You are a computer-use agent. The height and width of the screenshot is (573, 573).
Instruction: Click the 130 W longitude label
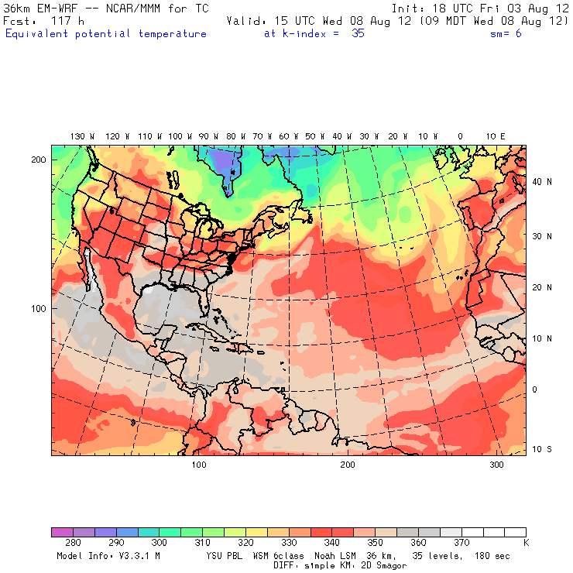(78, 136)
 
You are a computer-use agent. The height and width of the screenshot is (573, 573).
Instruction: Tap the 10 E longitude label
(496, 136)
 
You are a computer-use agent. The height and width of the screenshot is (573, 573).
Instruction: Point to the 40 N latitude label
(544, 182)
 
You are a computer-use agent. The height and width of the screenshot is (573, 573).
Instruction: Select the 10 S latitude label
(544, 450)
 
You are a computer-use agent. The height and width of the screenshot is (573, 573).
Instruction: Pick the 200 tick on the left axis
(39, 160)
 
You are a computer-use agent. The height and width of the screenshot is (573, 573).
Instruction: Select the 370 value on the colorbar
(462, 544)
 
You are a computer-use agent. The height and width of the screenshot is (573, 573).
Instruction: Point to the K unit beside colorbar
(526, 544)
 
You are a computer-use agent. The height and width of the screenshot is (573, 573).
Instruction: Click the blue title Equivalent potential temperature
(106, 34)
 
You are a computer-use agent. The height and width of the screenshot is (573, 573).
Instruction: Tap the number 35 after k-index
(358, 34)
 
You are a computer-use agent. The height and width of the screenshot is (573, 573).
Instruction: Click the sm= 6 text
(506, 34)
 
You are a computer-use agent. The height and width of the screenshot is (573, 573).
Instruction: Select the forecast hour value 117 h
(65, 21)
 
